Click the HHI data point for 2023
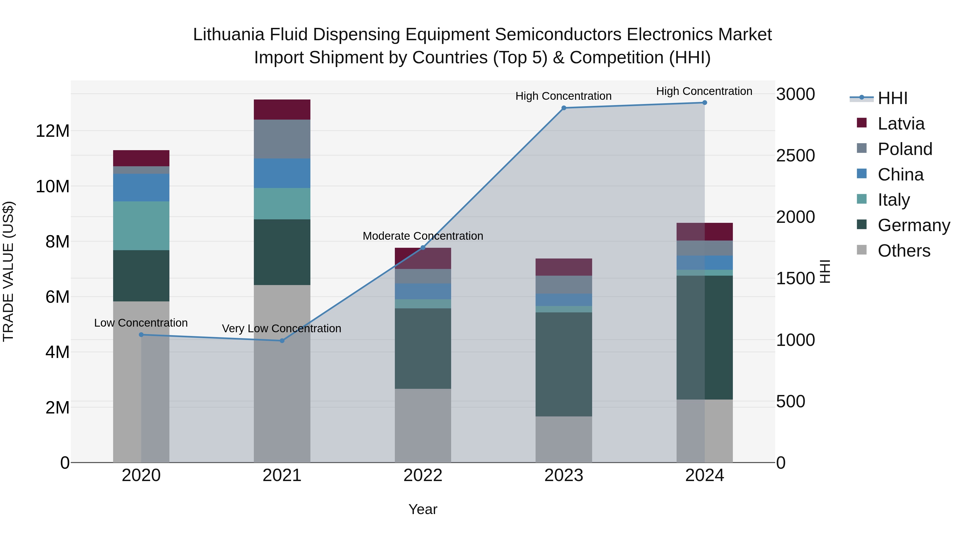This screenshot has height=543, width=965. point(564,108)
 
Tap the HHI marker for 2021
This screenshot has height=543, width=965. point(282,341)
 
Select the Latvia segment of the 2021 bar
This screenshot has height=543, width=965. point(282,109)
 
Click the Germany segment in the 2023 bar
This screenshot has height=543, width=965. point(564,364)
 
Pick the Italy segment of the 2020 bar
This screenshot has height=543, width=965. point(141,226)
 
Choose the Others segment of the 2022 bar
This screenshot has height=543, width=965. point(423,425)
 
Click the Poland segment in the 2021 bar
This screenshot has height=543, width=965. point(282,139)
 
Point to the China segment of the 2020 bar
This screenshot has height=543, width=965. point(141,187)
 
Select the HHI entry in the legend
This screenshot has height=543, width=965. point(892,98)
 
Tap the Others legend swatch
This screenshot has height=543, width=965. point(862,250)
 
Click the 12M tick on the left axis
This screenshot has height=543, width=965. point(53,131)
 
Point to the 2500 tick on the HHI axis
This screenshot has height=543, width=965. point(795,156)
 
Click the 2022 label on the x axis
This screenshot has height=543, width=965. point(423,475)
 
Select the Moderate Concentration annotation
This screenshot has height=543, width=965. point(423,236)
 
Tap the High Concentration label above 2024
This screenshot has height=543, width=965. point(704,91)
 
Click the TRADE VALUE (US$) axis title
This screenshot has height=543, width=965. point(8,271)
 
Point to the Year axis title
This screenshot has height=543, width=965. point(423,509)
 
